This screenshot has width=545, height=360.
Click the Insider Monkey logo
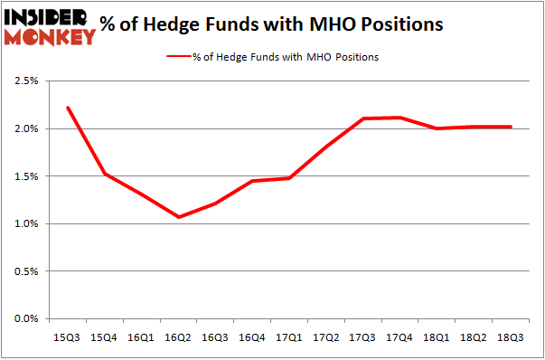click(x=50, y=24)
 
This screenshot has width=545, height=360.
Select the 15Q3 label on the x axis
click(x=67, y=337)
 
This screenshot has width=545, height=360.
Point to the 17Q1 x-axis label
click(x=289, y=337)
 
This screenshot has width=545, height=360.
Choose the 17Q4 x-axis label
click(x=400, y=337)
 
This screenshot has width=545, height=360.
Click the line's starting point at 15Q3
click(x=67, y=108)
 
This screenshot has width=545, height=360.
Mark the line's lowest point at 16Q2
click(x=179, y=217)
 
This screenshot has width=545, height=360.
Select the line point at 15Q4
click(x=104, y=174)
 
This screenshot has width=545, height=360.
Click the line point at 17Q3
click(x=363, y=118)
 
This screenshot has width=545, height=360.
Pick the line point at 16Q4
click(x=252, y=181)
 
